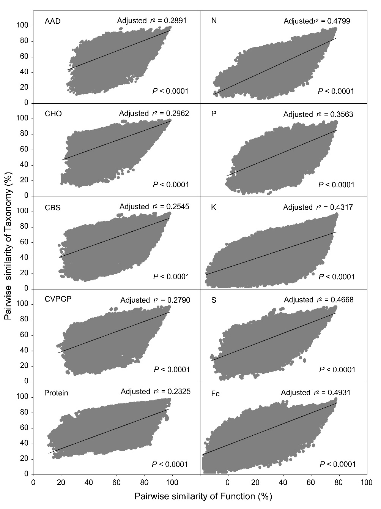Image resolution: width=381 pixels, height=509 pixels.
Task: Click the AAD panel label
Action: tap(52, 21)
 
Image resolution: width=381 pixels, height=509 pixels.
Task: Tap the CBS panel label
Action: tap(52, 208)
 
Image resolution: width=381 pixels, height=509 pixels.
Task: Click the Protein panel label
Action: tap(56, 393)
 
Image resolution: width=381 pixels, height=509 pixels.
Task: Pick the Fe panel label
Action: tap(215, 394)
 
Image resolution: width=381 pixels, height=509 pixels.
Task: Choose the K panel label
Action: tap(214, 208)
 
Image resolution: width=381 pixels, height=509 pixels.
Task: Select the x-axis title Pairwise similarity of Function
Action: tap(203, 496)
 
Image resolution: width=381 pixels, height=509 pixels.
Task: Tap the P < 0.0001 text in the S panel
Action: tap(337, 370)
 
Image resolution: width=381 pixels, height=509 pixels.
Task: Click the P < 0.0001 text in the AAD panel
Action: tap(170, 91)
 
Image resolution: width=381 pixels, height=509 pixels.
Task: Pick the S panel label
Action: tap(214, 300)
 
